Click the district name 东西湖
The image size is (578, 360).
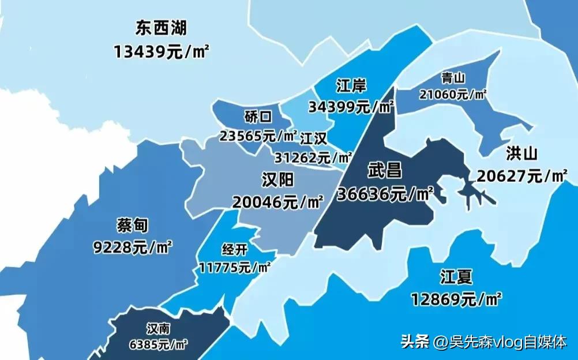(161, 28)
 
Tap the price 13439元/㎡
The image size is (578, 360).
(162, 51)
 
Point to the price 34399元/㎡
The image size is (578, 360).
(351, 107)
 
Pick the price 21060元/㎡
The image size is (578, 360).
(453, 95)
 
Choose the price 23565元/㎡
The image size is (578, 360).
(258, 136)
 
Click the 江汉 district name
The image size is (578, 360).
(314, 138)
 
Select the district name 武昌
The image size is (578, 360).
(385, 171)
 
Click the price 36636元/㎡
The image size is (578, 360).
(385, 194)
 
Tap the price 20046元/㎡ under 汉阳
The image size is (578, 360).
(278, 202)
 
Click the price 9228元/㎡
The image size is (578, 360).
(133, 247)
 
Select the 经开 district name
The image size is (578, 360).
(234, 250)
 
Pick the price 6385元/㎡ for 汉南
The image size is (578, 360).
(159, 346)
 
